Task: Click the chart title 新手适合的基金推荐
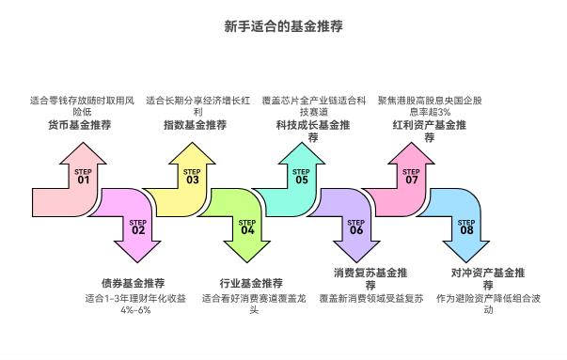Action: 283,27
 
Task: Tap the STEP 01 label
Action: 83,175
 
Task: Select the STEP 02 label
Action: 138,226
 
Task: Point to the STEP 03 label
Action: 192,175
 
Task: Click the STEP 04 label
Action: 247,226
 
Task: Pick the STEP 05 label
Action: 301,175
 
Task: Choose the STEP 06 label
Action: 356,226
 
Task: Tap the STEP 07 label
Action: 411,175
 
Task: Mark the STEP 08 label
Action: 466,226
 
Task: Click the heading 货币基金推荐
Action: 79,124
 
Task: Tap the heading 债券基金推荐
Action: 133,282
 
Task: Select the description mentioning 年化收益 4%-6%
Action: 136,304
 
